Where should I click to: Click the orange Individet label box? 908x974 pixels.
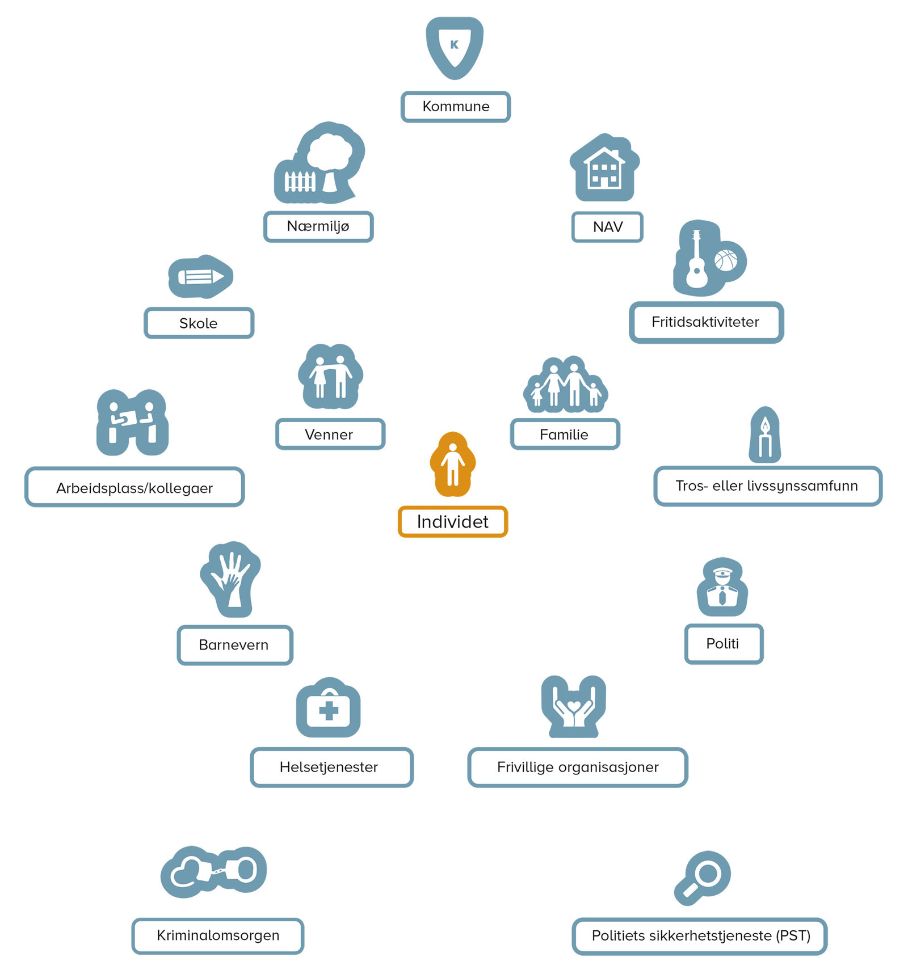pos(452,521)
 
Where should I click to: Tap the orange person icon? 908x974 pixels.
pos(452,463)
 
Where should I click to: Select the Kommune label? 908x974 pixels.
pos(456,107)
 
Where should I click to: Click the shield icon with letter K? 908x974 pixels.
pos(455,47)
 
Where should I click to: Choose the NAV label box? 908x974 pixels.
pos(607,227)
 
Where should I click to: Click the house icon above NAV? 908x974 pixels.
pos(604,168)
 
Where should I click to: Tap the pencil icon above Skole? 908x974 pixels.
pos(200,277)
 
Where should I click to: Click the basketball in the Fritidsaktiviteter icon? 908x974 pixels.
pos(726,260)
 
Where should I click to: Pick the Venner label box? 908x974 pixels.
pos(330,435)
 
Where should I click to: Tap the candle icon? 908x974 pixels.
pos(765,436)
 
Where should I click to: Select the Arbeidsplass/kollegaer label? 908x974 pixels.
pos(134,488)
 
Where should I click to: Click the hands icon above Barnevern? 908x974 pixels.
pos(231,579)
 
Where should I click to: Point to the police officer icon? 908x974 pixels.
pos(722,588)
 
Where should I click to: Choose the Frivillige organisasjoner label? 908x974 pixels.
pos(578,767)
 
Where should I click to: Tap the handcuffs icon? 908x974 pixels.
pos(213,871)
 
